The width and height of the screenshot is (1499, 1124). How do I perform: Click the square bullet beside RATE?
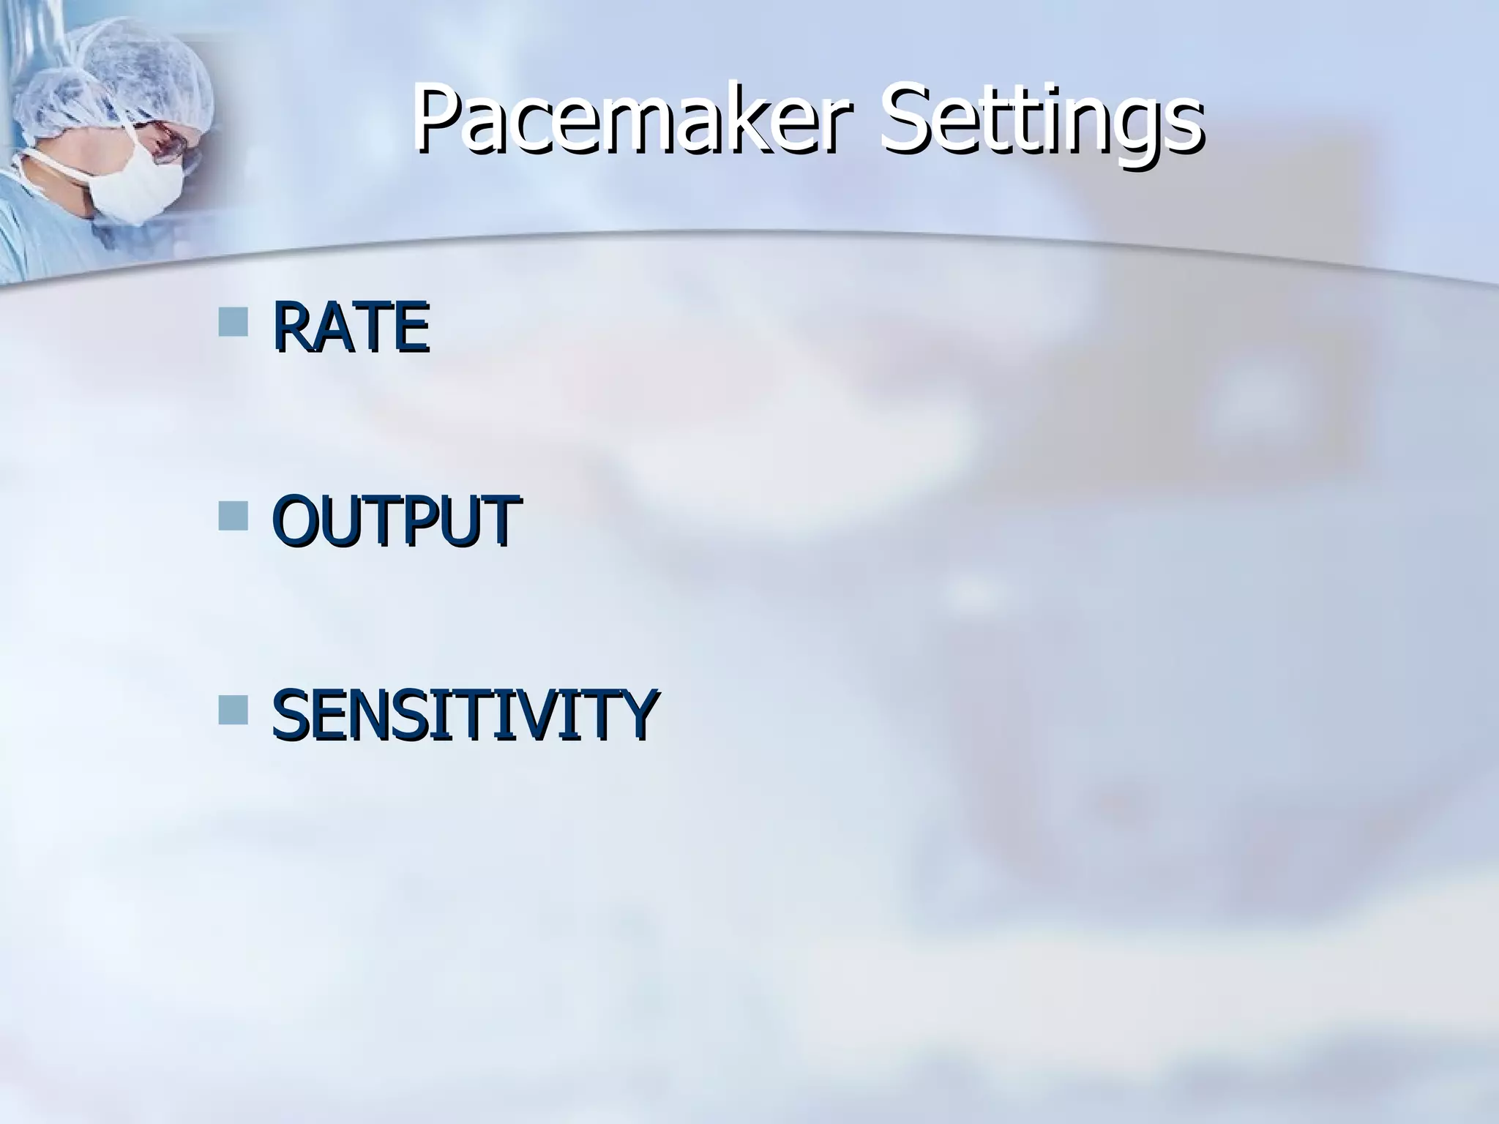[233, 321]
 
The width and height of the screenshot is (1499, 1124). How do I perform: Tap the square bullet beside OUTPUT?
[233, 515]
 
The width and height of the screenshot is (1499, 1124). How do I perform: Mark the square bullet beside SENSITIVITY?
[233, 709]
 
